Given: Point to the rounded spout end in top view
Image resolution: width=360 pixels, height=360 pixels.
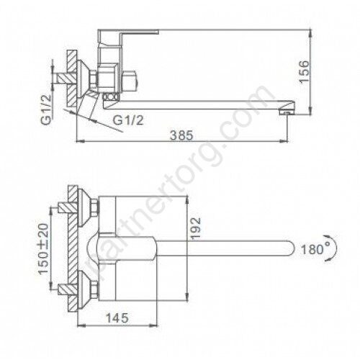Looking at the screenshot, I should [288, 250].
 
